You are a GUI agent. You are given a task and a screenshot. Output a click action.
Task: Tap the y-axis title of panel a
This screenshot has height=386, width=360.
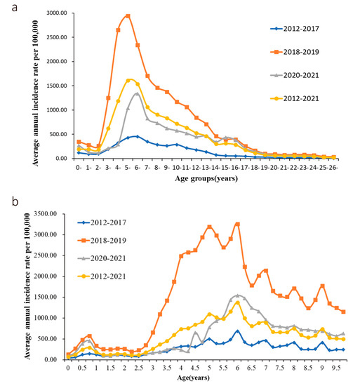click(12, 84)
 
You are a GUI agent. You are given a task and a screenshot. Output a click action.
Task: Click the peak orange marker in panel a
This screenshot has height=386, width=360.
click(128, 15)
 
